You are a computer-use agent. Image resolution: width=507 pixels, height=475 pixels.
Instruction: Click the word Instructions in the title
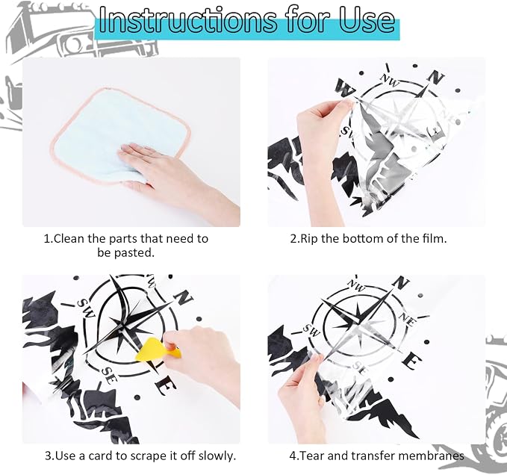187,20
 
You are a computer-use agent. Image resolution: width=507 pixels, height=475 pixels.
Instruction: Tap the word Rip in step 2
309,239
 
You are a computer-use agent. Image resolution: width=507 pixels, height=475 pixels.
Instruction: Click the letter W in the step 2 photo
345,87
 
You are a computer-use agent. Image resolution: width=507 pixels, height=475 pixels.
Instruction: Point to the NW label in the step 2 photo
390,80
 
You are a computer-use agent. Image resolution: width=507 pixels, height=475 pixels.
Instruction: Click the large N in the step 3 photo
184,297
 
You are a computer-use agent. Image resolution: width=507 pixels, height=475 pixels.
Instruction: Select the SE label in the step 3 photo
109,375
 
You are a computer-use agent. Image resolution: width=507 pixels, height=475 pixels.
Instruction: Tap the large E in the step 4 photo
412,361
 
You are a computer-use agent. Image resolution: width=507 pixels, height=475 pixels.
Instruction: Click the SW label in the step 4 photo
311,331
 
